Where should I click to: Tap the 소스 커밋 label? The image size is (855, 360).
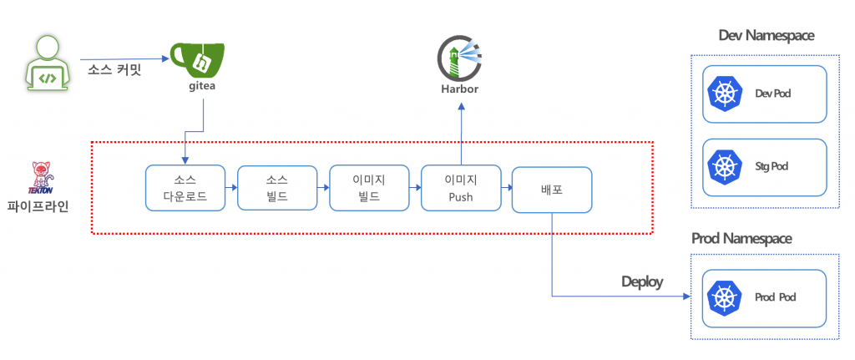[x=114, y=69]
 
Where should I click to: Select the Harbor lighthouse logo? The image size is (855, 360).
[x=460, y=57]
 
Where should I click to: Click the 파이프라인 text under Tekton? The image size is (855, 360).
[x=38, y=205]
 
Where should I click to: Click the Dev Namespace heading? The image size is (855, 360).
[x=766, y=35]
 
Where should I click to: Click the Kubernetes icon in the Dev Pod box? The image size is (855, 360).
[x=724, y=94]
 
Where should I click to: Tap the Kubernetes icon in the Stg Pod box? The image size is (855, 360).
[x=724, y=166]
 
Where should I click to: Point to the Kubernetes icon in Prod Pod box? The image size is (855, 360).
[x=724, y=297]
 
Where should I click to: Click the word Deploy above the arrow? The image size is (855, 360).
[x=641, y=281]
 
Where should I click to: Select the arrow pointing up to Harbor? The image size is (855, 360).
[x=461, y=134]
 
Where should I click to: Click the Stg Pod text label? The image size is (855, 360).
[x=772, y=166]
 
